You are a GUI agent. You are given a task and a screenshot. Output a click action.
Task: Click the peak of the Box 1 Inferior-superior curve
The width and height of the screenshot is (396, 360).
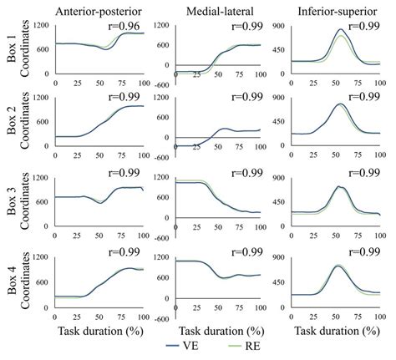coord(339,29)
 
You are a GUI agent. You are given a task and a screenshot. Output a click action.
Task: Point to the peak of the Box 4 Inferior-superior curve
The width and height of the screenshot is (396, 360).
coord(338,266)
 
